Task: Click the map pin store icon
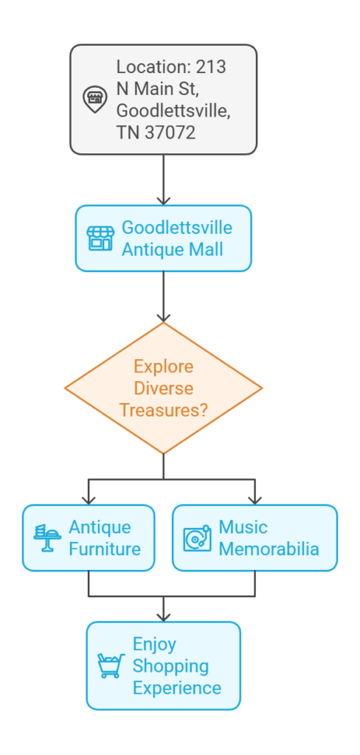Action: (x=95, y=100)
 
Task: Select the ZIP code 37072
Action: (x=170, y=133)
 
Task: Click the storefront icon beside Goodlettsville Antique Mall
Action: (x=100, y=238)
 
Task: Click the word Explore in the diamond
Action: (x=163, y=366)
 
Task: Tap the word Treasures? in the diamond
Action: (x=163, y=410)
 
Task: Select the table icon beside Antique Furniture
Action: (x=47, y=537)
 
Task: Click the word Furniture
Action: (x=105, y=549)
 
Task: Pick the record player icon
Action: (x=197, y=537)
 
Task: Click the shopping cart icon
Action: (x=111, y=666)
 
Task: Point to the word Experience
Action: (x=177, y=688)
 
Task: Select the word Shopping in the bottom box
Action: (x=170, y=666)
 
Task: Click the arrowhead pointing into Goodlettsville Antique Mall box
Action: (x=163, y=201)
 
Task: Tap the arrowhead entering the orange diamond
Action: (x=163, y=317)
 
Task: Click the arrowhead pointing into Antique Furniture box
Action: (x=89, y=499)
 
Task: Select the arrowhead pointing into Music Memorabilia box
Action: (x=255, y=499)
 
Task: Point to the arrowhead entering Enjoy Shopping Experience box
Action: (x=163, y=616)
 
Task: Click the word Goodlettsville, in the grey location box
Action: (x=173, y=111)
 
